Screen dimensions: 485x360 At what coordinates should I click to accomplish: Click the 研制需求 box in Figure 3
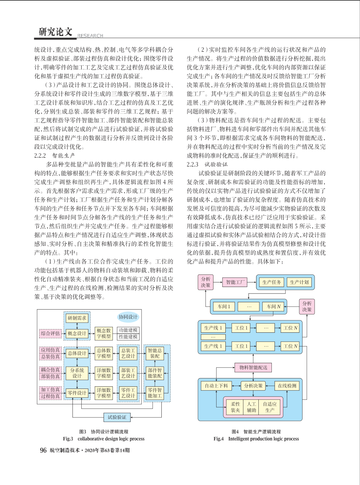77,318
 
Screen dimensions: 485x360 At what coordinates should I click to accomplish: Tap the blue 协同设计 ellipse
128,317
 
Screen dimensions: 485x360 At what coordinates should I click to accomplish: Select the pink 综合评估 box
50,333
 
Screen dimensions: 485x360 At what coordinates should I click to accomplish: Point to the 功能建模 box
128,330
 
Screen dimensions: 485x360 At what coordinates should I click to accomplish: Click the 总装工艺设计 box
128,353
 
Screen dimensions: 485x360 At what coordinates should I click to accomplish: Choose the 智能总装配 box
155,353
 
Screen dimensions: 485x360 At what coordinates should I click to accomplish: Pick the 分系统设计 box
77,373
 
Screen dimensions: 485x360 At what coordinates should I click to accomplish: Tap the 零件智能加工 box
155,393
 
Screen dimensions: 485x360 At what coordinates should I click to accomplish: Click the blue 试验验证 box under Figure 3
117,417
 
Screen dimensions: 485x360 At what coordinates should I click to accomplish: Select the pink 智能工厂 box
235,282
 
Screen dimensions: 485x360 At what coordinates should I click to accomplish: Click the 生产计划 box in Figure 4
299,282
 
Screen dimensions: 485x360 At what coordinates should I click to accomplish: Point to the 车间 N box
274,307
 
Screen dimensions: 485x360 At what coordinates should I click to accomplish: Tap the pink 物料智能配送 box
253,367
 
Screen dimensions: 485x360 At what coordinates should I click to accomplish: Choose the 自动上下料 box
216,386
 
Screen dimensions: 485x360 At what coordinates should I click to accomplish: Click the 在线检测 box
287,386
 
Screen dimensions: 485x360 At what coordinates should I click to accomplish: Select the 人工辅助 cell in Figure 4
251,407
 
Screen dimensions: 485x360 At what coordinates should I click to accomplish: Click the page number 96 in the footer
43,450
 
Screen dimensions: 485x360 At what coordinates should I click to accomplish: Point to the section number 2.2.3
192,164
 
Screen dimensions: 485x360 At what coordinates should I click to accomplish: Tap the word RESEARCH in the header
90,36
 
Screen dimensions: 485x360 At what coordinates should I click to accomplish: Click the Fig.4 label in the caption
219,439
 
